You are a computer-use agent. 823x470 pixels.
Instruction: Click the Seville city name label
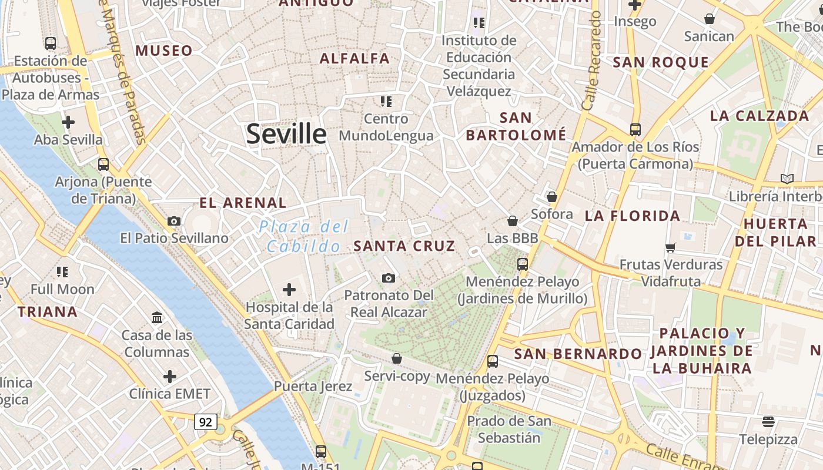(x=286, y=134)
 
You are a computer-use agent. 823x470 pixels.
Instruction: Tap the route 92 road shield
(x=206, y=422)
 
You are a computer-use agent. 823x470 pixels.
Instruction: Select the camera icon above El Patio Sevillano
(x=174, y=221)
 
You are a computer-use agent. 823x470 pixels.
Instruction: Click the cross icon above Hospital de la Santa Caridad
(x=289, y=289)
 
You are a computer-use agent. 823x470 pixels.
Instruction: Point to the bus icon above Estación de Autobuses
(x=51, y=43)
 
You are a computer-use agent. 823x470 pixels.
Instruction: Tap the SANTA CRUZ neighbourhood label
(x=404, y=246)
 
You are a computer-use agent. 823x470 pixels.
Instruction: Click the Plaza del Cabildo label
(x=304, y=236)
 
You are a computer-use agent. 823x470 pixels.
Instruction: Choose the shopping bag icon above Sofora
(x=552, y=197)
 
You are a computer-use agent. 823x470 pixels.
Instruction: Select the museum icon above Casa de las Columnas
(x=157, y=318)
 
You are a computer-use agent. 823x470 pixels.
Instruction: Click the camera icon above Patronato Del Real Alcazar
(x=388, y=278)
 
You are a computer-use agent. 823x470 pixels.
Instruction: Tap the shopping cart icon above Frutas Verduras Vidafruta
(x=671, y=247)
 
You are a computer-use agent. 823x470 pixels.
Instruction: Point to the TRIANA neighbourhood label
(x=48, y=312)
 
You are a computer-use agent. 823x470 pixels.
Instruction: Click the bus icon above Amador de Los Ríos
(x=635, y=129)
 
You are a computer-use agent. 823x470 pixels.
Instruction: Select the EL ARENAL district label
(x=243, y=203)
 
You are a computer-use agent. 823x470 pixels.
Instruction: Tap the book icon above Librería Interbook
(x=787, y=179)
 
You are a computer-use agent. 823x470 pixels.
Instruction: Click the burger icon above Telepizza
(x=768, y=421)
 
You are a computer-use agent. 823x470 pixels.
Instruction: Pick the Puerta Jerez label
(x=313, y=387)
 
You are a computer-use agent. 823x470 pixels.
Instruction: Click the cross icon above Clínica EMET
(x=170, y=376)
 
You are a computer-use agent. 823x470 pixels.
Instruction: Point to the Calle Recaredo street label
(x=591, y=62)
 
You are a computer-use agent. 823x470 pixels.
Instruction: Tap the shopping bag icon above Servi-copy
(x=397, y=358)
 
